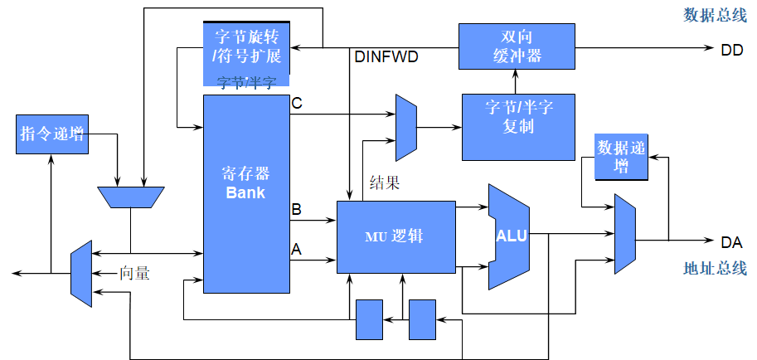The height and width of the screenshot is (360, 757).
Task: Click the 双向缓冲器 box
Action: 516,46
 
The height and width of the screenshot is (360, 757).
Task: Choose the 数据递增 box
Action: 620,155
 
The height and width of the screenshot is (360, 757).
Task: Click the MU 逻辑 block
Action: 395,236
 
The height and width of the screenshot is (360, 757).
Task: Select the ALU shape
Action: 509,236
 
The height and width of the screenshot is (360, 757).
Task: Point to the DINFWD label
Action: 386,57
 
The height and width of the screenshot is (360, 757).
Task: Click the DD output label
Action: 731,50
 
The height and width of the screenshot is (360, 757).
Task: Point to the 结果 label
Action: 385,183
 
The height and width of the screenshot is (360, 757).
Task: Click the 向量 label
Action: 134,271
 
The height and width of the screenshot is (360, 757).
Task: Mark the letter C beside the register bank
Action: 297,104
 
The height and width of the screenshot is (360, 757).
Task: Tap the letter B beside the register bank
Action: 296,210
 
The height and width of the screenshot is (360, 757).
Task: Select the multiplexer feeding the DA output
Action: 625,234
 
